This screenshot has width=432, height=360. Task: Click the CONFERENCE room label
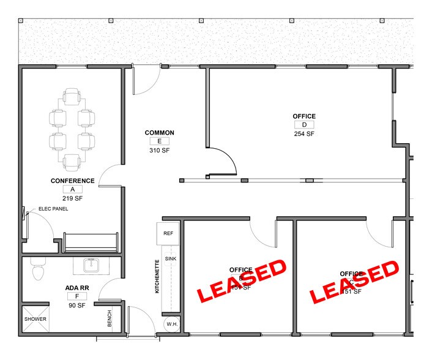[72, 181]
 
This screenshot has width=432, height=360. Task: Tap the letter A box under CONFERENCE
[72, 190]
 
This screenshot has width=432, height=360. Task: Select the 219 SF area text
[72, 198]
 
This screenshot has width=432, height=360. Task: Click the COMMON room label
[159, 133]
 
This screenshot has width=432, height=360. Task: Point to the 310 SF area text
[159, 150]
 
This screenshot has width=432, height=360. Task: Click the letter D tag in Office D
[304, 125]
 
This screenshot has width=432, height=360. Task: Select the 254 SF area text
[304, 133]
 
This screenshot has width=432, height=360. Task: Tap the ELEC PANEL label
[53, 209]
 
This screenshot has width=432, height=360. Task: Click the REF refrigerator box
[168, 234]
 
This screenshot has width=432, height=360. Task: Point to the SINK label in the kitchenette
[171, 259]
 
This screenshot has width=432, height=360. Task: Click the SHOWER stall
[35, 319]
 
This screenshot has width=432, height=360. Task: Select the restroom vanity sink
[92, 265]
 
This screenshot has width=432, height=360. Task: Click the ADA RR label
[77, 288]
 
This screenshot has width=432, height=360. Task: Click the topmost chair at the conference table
[72, 96]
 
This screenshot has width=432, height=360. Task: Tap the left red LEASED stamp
[241, 280]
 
